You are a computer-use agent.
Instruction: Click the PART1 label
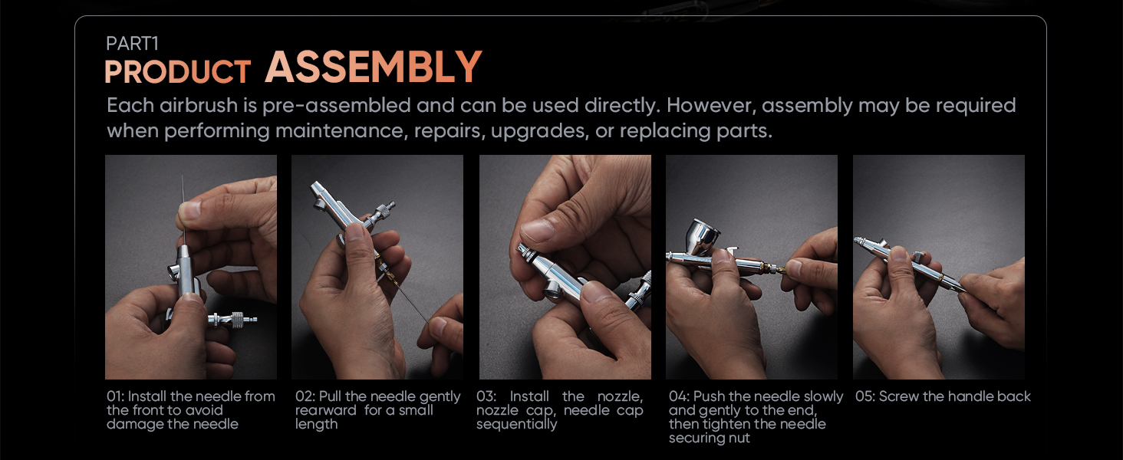click(133, 44)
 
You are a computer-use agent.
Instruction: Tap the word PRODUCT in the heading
click(177, 71)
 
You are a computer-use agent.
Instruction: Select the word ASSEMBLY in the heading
click(374, 67)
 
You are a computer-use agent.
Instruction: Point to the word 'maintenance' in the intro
click(340, 131)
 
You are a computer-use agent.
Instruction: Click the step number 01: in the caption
click(115, 396)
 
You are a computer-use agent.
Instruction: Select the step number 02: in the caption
click(305, 396)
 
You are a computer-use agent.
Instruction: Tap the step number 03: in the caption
click(486, 396)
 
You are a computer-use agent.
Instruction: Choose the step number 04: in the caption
click(679, 396)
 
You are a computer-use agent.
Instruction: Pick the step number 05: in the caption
click(865, 396)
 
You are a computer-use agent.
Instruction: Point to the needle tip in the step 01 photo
click(183, 177)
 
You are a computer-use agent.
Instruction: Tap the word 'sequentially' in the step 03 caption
click(517, 425)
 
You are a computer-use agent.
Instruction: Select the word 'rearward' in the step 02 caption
click(326, 410)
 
